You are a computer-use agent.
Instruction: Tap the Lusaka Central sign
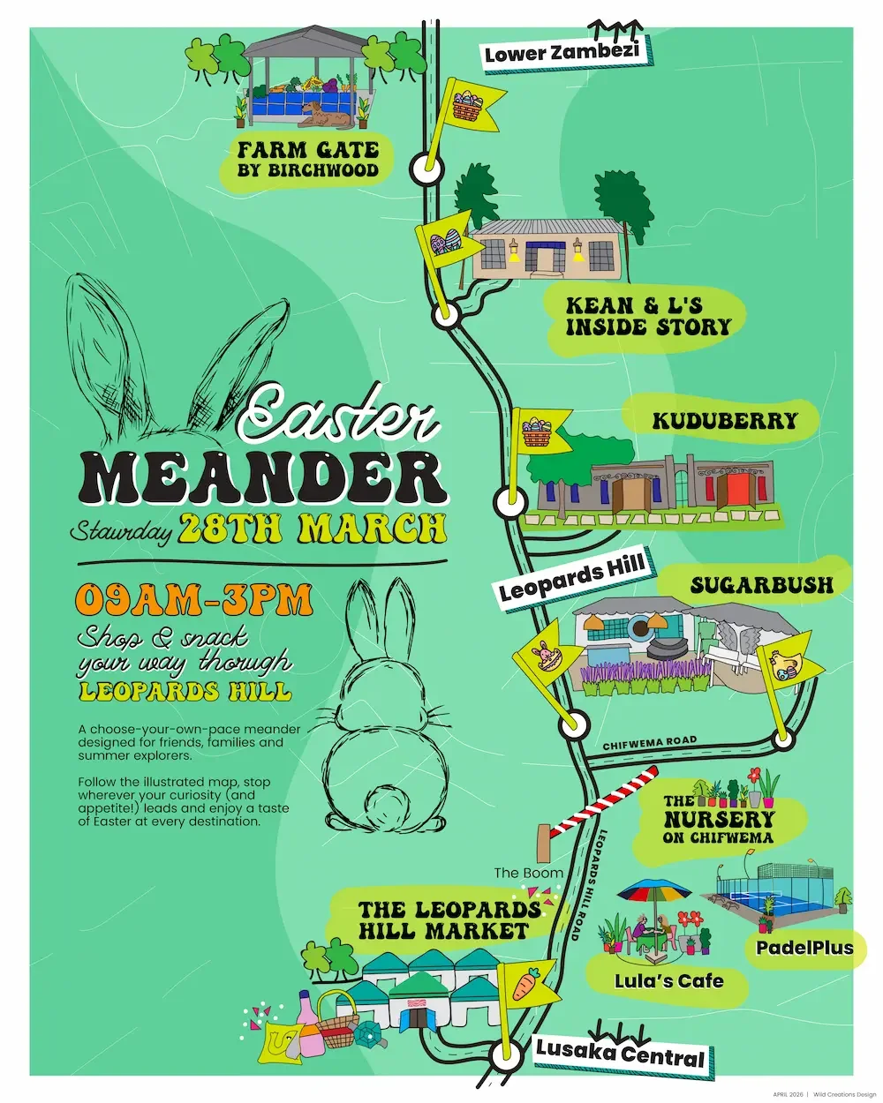point(621,1053)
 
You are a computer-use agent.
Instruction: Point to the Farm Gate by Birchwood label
point(307,159)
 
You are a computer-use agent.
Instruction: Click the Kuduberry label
point(724,421)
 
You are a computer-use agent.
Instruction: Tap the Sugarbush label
point(761,585)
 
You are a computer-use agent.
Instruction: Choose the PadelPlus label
point(804,948)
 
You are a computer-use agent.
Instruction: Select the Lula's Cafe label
point(668,980)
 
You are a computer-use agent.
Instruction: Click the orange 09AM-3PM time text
point(194,601)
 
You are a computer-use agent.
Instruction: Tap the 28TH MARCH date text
point(313,528)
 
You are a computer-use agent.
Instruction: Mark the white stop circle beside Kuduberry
point(511,503)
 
